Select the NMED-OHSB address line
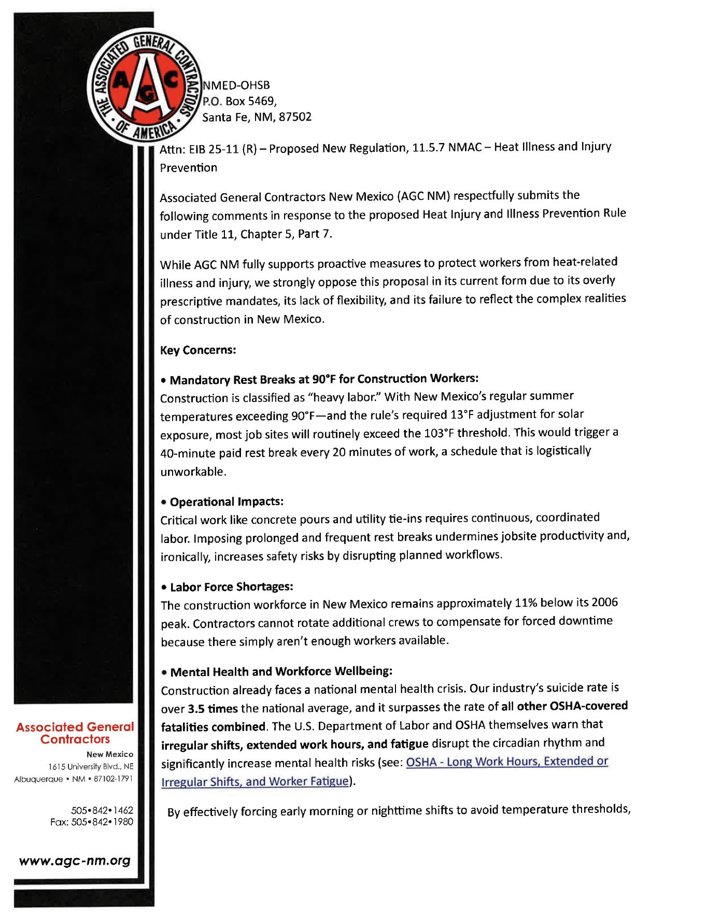coord(236,85)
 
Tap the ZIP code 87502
coord(295,117)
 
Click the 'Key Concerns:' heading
coord(198,350)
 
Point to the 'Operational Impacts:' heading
coord(227,502)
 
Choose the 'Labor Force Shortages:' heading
coord(231,587)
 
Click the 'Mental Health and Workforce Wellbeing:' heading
coord(281,671)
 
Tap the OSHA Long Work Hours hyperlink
coord(506,761)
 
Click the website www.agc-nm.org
coord(75,861)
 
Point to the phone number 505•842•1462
coord(102,810)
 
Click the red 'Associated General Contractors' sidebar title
coord(75,733)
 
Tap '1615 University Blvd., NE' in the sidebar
coord(91,766)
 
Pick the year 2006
coord(604,602)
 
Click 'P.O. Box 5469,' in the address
coord(239,101)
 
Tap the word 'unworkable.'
coord(193,471)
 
